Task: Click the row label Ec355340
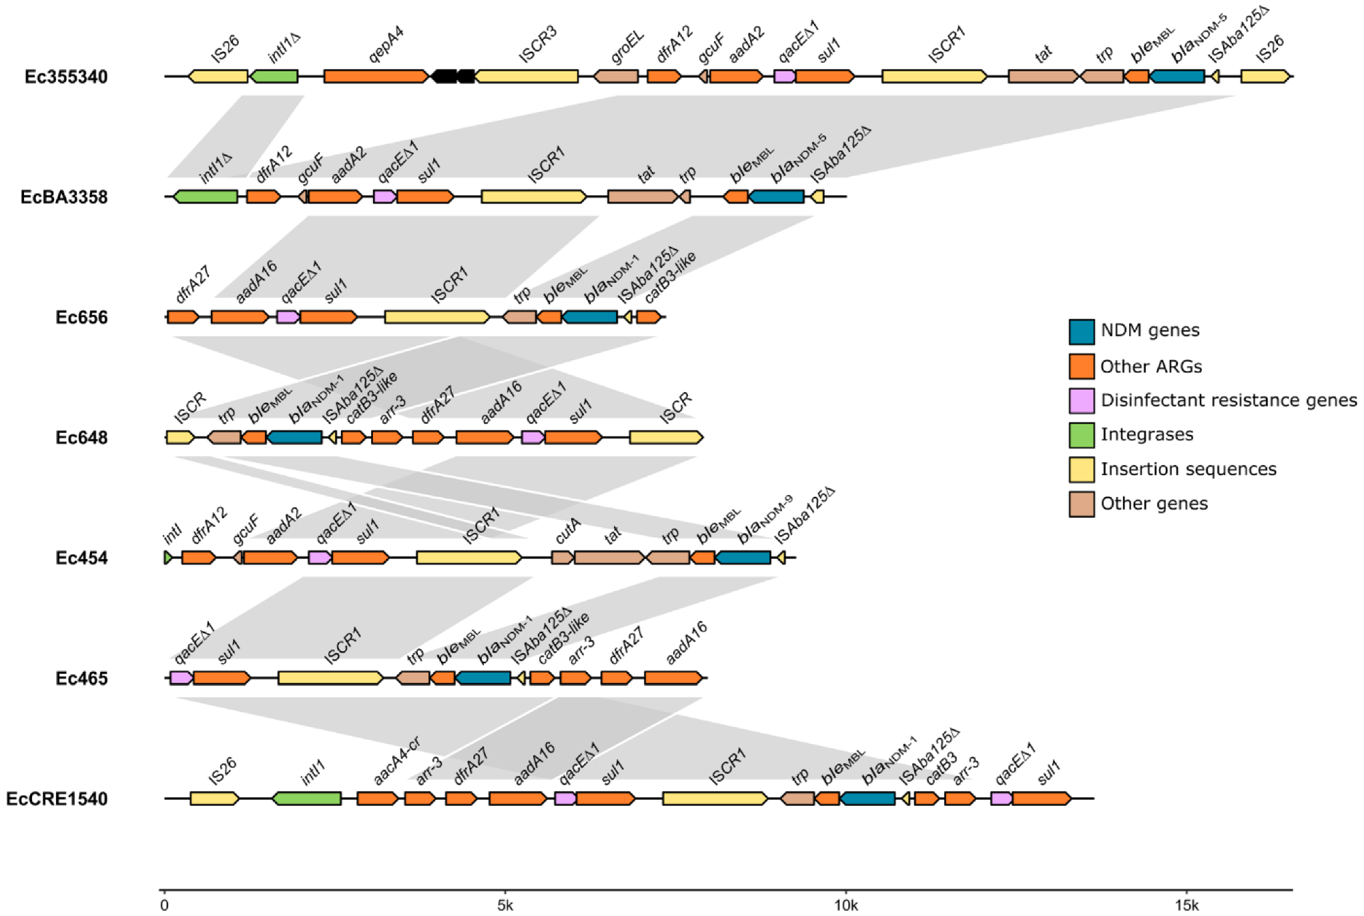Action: click(65, 77)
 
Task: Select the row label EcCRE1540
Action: click(57, 799)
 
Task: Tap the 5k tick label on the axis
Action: click(505, 905)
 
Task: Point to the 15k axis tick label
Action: click(1186, 905)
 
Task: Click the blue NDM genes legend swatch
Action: click(1081, 332)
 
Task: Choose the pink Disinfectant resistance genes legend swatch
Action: click(1081, 401)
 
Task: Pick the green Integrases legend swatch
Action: click(1081, 435)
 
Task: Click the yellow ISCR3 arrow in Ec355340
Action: click(527, 76)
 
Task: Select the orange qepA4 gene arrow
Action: click(376, 76)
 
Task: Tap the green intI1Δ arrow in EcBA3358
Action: click(206, 197)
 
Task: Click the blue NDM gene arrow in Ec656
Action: click(590, 317)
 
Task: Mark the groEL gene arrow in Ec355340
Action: click(615, 76)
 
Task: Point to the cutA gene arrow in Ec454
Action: click(562, 557)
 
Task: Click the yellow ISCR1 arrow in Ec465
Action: click(330, 678)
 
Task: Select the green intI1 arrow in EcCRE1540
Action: click(307, 799)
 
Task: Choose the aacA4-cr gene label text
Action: click(396, 761)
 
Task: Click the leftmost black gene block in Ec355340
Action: click(444, 76)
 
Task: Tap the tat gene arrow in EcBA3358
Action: click(642, 197)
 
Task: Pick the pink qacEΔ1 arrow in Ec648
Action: click(533, 437)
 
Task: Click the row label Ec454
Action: click(81, 558)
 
